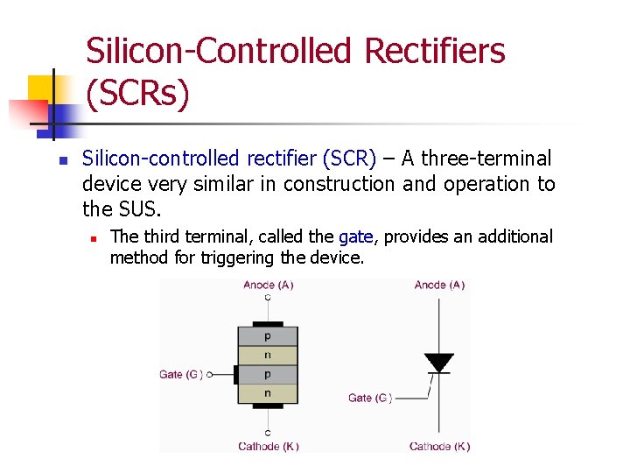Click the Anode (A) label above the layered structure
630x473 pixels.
(268, 286)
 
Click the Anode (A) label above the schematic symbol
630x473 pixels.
(439, 286)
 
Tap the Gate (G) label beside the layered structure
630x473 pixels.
(181, 375)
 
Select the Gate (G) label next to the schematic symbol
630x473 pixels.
(370, 398)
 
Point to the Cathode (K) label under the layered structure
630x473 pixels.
(268, 446)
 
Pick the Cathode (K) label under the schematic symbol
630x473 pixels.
(439, 446)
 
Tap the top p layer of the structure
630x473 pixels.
(268, 336)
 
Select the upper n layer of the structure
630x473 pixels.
(268, 356)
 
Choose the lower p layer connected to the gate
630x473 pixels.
(268, 374)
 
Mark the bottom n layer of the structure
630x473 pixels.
(268, 393)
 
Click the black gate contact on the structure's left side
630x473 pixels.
(235, 375)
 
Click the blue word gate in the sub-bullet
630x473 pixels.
(355, 236)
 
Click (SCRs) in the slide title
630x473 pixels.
(137, 93)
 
